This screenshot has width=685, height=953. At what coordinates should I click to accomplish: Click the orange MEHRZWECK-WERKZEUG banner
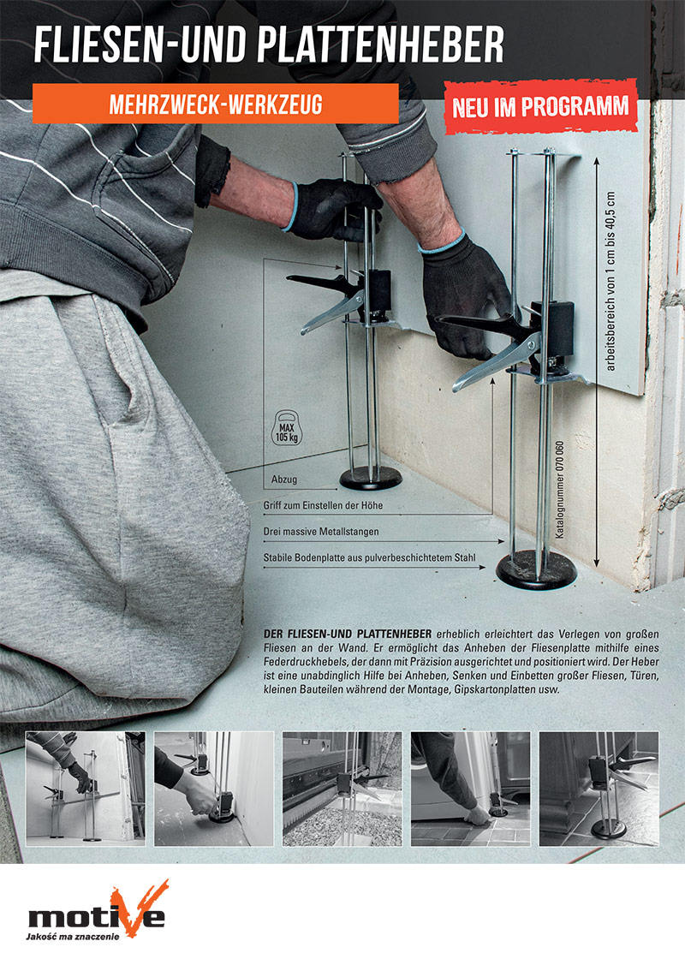(x=215, y=104)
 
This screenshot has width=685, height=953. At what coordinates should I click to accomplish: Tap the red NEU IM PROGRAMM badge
(x=540, y=107)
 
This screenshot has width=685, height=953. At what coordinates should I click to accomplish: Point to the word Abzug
(x=284, y=479)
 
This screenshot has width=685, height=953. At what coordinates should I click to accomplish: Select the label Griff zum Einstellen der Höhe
(x=324, y=506)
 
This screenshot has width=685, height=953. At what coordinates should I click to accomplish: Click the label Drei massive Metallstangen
(x=321, y=532)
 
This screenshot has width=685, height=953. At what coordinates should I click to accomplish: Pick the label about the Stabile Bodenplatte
(x=370, y=558)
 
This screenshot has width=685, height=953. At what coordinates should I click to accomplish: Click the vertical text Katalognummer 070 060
(x=560, y=489)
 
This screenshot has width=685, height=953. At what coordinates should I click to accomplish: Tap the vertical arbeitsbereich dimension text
(x=611, y=281)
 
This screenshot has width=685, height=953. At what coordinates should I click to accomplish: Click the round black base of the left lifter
(x=371, y=479)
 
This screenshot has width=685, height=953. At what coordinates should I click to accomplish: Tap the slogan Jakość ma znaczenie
(x=72, y=936)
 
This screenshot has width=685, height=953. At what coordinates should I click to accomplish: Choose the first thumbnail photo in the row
(x=86, y=789)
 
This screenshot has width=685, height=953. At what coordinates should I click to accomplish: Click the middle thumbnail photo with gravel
(x=342, y=789)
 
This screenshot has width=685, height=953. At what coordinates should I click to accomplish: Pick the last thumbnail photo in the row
(x=599, y=789)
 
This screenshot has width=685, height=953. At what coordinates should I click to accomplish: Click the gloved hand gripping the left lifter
(x=332, y=210)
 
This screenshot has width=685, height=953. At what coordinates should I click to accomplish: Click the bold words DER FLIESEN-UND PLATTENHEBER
(x=348, y=634)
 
